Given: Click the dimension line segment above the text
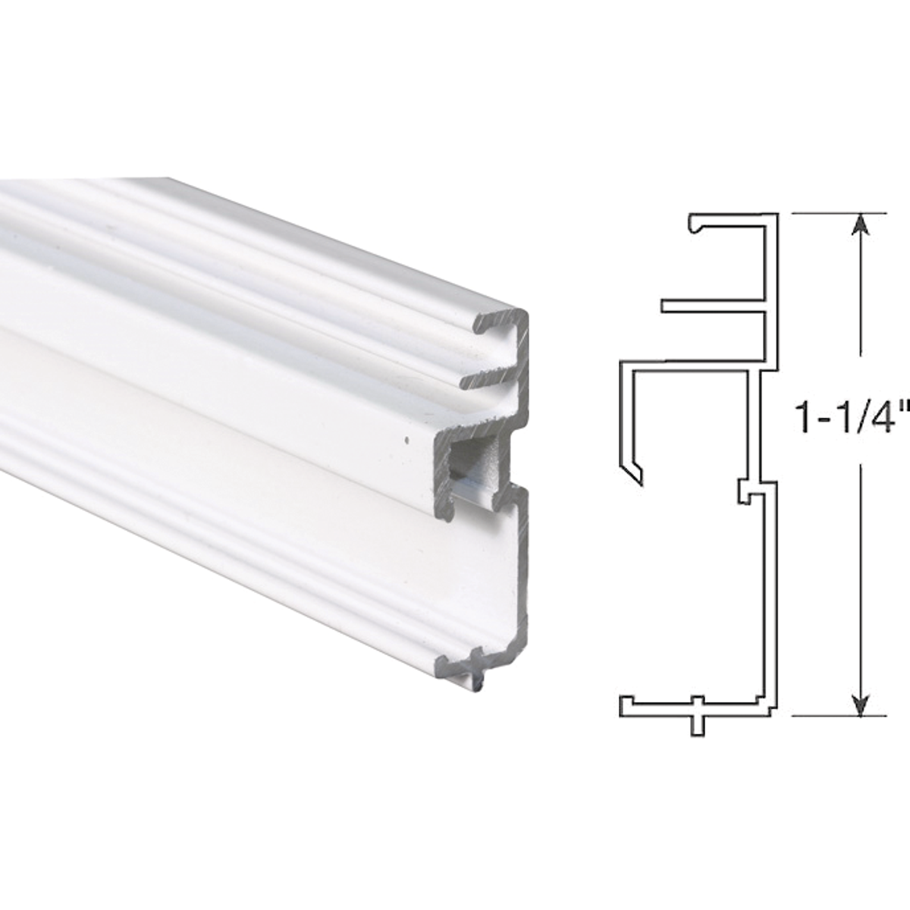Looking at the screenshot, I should [x=859, y=303].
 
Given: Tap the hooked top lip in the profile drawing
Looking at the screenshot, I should [x=696, y=224].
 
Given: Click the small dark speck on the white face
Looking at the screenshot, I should [x=407, y=438].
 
